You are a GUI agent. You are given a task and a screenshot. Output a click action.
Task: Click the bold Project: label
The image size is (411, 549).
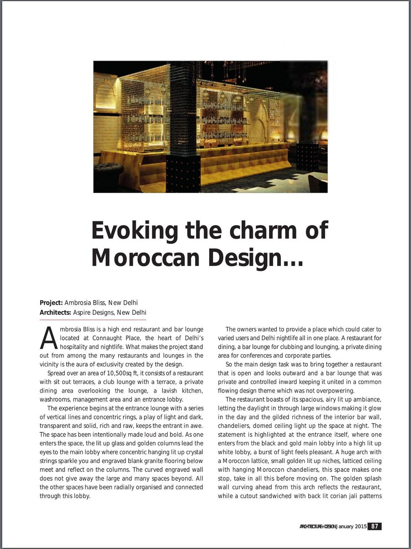pos(51,302)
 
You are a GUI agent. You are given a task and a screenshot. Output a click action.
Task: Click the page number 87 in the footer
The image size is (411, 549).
pos(374,526)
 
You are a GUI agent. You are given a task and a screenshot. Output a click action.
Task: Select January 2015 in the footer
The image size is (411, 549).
pos(352,526)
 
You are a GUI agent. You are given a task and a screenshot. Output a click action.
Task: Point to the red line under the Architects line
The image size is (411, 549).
pos(93,319)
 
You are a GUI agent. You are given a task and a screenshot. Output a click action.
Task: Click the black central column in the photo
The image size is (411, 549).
pos(183,128)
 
